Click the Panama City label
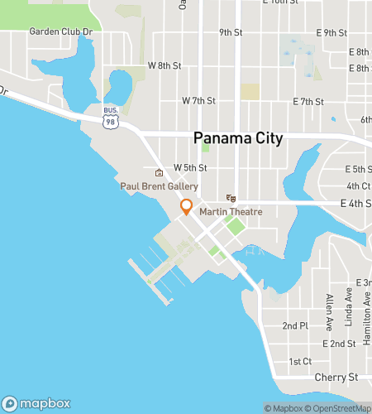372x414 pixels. pyautogui.click(x=238, y=138)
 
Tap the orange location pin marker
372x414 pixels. pyautogui.click(x=187, y=207)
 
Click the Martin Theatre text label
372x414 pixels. pyautogui.click(x=231, y=212)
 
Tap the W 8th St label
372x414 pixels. pyautogui.click(x=164, y=65)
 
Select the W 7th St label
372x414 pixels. pyautogui.click(x=198, y=100)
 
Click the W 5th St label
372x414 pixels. pyautogui.click(x=189, y=167)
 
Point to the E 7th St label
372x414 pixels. pyautogui.click(x=308, y=102)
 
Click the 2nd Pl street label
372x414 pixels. pyautogui.click(x=295, y=325)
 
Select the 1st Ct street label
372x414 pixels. pyautogui.click(x=300, y=361)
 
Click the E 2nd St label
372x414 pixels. pyautogui.click(x=339, y=343)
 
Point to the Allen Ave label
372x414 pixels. pyautogui.click(x=329, y=309)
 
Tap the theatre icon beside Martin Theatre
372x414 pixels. pyautogui.click(x=231, y=199)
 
